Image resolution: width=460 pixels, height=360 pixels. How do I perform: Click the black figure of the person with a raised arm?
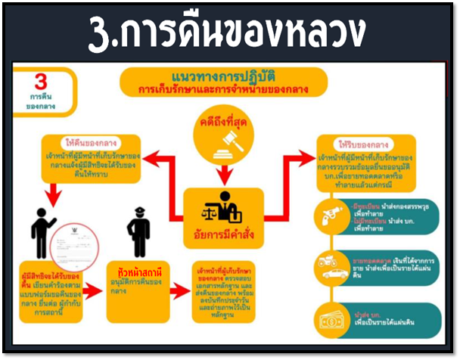click(39, 228)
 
